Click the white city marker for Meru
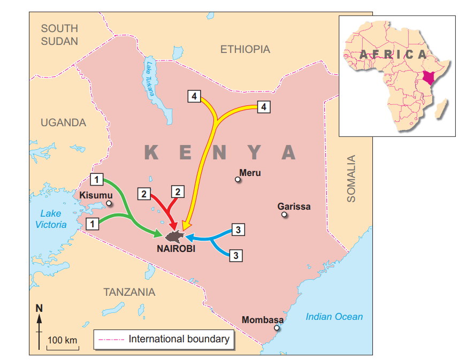tap(238, 180)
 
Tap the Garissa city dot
tap(284, 215)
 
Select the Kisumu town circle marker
tap(109, 203)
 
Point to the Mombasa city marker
tap(277, 328)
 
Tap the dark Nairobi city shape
tap(175, 236)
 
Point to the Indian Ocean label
tap(334, 317)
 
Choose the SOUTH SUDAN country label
tap(59, 34)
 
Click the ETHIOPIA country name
tap(245, 49)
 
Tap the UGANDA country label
tap(63, 122)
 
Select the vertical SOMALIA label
tap(351, 178)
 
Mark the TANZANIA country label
tap(129, 292)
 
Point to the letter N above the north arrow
tap(39, 308)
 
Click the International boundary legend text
tap(179, 339)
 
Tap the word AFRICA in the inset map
tap(393, 54)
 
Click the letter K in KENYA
tap(151, 152)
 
